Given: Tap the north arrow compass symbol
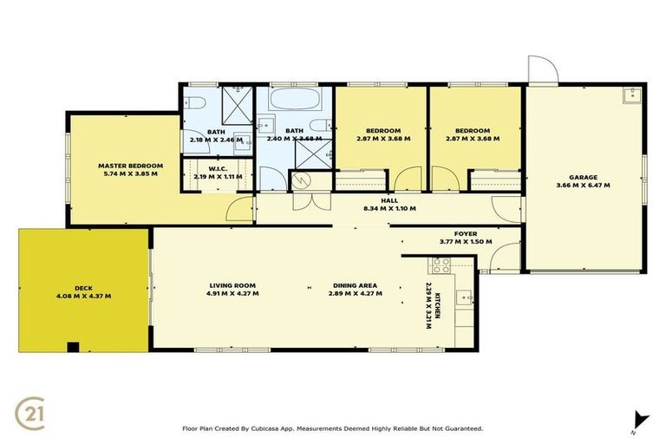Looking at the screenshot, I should [x=640, y=419].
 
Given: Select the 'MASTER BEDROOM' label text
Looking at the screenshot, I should [x=130, y=166].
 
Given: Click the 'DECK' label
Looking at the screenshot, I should [x=82, y=288].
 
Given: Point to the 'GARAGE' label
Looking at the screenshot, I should [x=583, y=177].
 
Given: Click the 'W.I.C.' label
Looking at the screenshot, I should [x=217, y=168].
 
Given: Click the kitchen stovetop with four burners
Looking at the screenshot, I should [x=441, y=265].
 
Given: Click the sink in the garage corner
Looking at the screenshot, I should [x=630, y=95].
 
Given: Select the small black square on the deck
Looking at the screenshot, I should [x=73, y=348].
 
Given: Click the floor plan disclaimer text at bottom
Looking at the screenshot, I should [x=333, y=428].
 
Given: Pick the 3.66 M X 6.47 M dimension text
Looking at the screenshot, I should [x=583, y=186].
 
